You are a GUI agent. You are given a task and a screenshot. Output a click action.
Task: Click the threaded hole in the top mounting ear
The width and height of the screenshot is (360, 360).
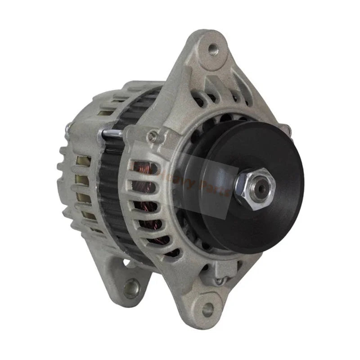pyautogui.click(x=213, y=50)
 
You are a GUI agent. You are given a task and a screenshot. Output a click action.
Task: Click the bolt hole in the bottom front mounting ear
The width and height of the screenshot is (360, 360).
pyautogui.click(x=207, y=309)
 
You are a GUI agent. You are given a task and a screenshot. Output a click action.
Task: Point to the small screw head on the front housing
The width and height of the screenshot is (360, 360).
pyautogui.click(x=154, y=135)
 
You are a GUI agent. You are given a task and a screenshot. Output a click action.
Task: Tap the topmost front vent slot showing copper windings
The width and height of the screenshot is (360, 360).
pyautogui.click(x=143, y=167)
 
